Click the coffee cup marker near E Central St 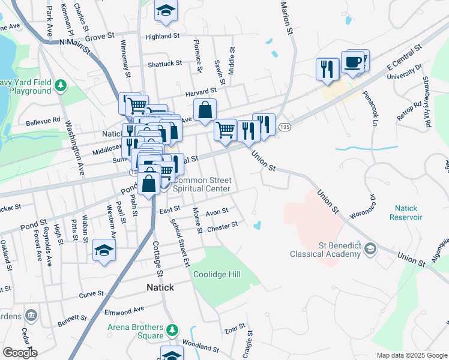point(352,62)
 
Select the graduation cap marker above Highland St point(166,11)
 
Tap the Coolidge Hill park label point(217,274)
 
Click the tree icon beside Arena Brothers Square point(172,329)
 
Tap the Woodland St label point(200,347)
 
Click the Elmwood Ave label point(125,310)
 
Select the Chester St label point(222,226)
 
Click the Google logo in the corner point(20,352)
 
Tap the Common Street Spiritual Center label point(201,184)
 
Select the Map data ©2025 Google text point(411,355)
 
